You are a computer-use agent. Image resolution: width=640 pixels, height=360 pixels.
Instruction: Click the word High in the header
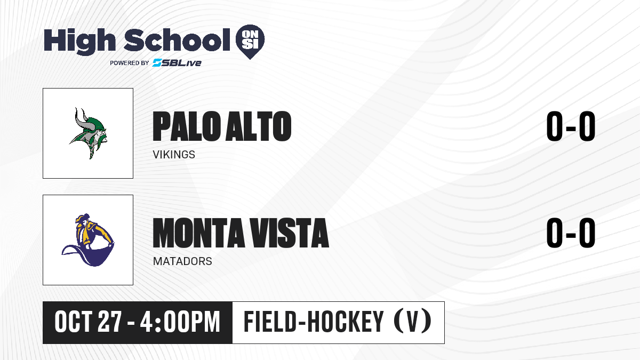pyautogui.click(x=79, y=42)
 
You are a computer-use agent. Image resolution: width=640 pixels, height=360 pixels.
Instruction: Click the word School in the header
pyautogui.click(x=177, y=40)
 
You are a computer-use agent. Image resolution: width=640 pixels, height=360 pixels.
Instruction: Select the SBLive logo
pyautogui.click(x=177, y=62)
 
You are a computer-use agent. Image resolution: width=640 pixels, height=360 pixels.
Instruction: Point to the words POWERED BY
pyautogui.click(x=130, y=63)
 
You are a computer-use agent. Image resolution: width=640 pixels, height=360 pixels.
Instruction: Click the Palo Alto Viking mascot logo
pyautogui.click(x=88, y=133)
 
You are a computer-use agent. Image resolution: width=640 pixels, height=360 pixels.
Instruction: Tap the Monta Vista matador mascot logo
pyautogui.click(x=88, y=240)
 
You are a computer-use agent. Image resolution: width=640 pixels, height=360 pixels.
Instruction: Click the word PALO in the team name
pyautogui.click(x=187, y=126)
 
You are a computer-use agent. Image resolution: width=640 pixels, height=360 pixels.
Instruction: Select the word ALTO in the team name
pyautogui.click(x=259, y=126)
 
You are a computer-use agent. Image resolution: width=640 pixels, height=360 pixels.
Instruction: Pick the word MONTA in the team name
pyautogui.click(x=198, y=233)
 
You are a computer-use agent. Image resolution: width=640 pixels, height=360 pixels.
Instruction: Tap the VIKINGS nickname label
pyautogui.click(x=174, y=155)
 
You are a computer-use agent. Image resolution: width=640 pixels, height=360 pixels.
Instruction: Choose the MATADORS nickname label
pyautogui.click(x=182, y=261)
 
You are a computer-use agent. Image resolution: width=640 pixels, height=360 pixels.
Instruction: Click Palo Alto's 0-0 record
pyautogui.click(x=571, y=126)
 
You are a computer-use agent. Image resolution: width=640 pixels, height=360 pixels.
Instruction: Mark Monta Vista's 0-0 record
pyautogui.click(x=571, y=233)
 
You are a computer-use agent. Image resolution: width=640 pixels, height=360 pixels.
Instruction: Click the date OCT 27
pyautogui.click(x=89, y=322)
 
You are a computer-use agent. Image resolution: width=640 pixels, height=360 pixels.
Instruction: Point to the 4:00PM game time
pyautogui.click(x=180, y=322)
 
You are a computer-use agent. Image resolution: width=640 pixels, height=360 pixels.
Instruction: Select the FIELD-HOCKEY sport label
pyautogui.click(x=314, y=322)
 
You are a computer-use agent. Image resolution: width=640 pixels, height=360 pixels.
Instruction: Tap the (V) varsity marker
pyautogui.click(x=412, y=322)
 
